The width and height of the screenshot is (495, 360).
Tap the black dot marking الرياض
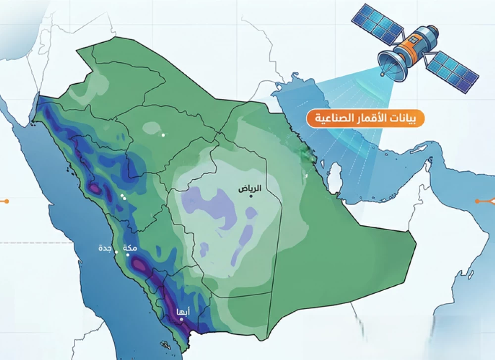point(251,197)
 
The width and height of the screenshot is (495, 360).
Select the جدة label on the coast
point(104,248)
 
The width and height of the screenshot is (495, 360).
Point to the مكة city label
point(128,248)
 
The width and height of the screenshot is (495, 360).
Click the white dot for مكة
point(127,255)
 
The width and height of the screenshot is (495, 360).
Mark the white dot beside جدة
point(116,252)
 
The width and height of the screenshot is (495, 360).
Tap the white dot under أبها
point(182,319)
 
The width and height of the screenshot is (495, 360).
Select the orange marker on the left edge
point(6,201)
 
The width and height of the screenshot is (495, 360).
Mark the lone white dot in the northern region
point(163,134)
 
